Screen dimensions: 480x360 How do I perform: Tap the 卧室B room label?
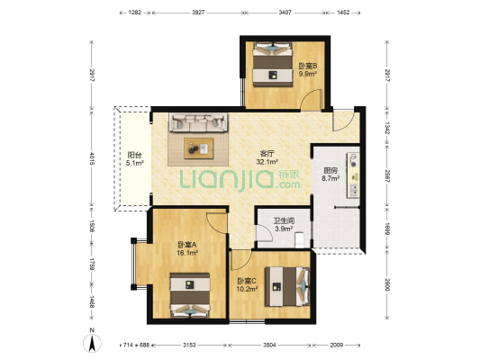point(308,69)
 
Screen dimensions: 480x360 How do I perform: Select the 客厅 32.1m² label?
point(267,157)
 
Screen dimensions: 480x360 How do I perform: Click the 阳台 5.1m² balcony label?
point(135,158)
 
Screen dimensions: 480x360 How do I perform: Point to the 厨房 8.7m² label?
point(331,175)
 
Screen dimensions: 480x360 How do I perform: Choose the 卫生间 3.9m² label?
point(284,224)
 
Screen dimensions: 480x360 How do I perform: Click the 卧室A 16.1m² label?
point(187,248)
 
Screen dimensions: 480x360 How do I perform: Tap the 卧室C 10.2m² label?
point(247,284)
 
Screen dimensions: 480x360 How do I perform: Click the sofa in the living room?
point(199,122)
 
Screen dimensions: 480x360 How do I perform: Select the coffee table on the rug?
point(199,148)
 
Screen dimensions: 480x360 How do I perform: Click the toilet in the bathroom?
point(299,240)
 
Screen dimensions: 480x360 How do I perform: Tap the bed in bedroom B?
point(273,64)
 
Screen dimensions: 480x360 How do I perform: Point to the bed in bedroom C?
point(287,286)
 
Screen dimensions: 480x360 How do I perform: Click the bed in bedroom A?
point(190,295)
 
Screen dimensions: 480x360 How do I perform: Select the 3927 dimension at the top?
point(198,13)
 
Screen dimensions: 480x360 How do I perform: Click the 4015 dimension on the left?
point(92,157)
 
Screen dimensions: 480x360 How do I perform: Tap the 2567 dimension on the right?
point(387,176)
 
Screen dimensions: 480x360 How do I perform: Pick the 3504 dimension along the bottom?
point(269,345)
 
